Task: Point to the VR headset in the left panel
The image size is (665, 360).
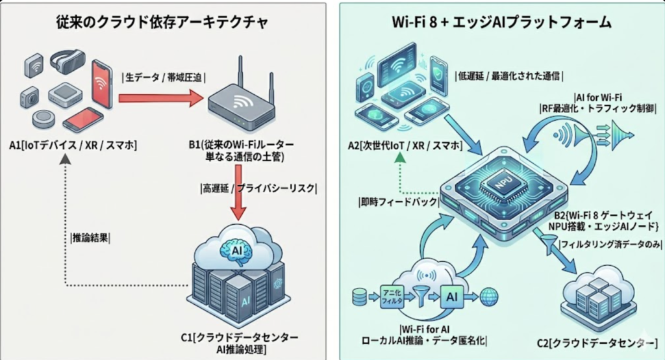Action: coord(66,62)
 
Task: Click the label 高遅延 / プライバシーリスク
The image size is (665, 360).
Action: coord(258,188)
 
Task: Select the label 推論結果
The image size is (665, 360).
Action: coord(90,237)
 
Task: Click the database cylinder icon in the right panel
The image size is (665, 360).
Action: coord(358,297)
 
